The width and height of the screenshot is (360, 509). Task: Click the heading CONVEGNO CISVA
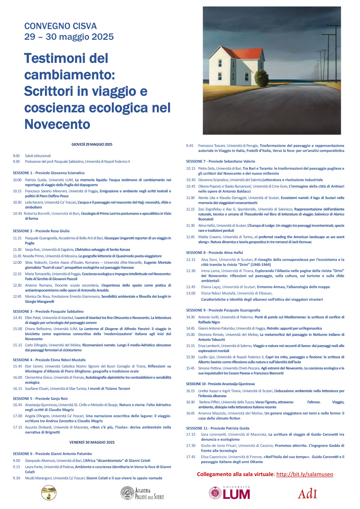pyautogui.click(x=60, y=26)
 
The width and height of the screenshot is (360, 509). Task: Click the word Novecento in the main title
pyautogui.click(x=57, y=124)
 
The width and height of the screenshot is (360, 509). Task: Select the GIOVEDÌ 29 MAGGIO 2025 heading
pyautogui.click(x=92, y=144)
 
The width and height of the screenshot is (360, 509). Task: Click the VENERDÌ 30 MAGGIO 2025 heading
pyautogui.click(x=92, y=442)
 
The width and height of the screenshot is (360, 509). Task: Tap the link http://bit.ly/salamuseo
pyautogui.click(x=305, y=474)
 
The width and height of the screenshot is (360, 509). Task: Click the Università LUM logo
pyautogui.click(x=229, y=493)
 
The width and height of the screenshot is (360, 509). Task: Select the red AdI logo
pyautogui.click(x=307, y=494)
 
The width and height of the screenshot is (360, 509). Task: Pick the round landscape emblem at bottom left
pyautogui.click(x=49, y=493)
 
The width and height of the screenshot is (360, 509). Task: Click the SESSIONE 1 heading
pyautogui.click(x=49, y=173)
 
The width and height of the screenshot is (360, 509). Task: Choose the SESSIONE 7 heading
pyautogui.click(x=220, y=161)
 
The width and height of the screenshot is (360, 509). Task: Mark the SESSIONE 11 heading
pyautogui.click(x=218, y=428)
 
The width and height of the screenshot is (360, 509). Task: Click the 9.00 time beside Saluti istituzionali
pyautogui.click(x=16, y=156)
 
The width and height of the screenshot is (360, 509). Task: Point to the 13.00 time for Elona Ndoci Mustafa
pyautogui.click(x=191, y=293)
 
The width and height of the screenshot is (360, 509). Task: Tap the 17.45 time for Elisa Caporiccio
pyautogui.click(x=191, y=457)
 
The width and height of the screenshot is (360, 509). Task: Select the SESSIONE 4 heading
pyautogui.click(x=49, y=360)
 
